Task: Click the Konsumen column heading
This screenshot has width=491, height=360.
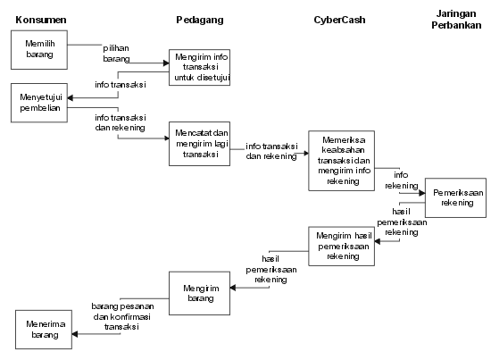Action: point(41,20)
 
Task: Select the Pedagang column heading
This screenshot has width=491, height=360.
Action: point(200,20)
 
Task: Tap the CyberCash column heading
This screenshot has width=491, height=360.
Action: point(339,20)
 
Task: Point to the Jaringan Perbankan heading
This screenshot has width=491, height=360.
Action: point(456,19)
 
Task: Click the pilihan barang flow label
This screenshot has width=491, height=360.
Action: point(116,54)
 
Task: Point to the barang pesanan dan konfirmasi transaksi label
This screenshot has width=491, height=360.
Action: point(122,316)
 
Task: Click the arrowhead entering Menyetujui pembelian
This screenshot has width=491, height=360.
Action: point(71,98)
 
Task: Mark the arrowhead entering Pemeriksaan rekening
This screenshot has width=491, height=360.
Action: point(422,193)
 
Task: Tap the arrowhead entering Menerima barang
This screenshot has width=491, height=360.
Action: point(75,334)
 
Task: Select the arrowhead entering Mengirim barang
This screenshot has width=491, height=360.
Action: point(233,288)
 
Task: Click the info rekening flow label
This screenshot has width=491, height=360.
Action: point(402,180)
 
